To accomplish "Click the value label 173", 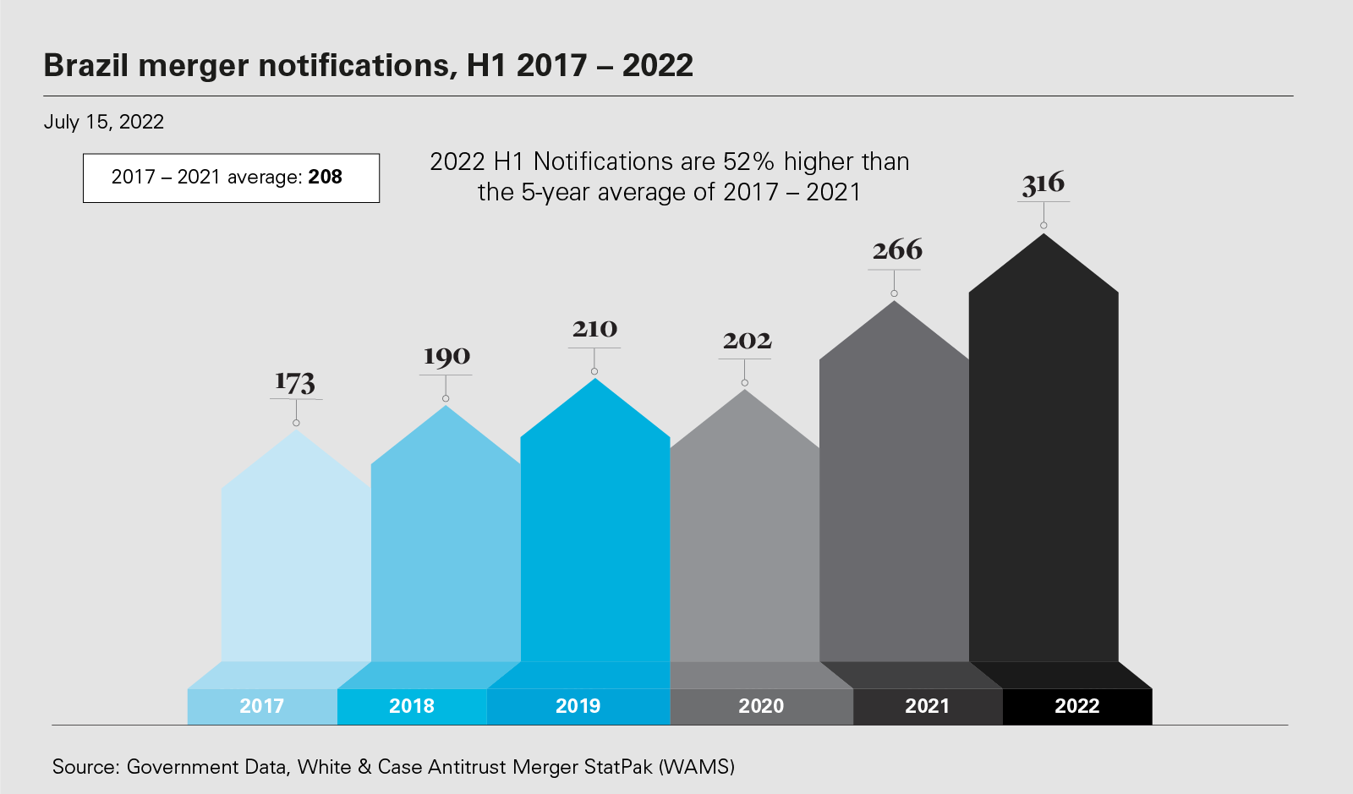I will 295,383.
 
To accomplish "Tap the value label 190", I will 446,357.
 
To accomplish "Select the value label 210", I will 594,329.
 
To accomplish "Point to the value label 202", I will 747,341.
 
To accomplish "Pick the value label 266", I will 897,250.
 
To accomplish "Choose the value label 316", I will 1044,183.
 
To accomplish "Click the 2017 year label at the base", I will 262,706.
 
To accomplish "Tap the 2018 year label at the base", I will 412,706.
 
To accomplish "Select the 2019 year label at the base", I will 578,706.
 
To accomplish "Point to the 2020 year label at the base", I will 761,706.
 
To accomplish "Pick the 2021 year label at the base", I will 928,706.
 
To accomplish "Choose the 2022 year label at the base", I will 1077,706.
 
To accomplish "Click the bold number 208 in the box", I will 326,178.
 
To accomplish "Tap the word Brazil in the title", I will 85,65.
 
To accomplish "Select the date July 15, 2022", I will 104,122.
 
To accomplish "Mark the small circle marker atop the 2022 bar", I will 1044,226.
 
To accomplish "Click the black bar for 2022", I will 1044,474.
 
